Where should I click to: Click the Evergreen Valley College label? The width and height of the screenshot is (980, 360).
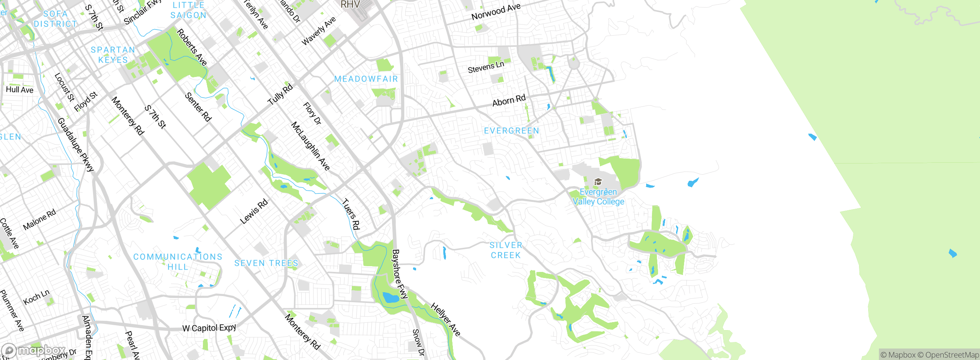598,197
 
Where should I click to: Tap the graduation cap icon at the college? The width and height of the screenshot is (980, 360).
598,182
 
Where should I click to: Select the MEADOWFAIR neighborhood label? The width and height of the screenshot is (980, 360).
366,79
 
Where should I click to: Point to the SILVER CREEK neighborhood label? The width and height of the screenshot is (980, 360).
506,250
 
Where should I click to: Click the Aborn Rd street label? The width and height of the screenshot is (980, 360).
509,101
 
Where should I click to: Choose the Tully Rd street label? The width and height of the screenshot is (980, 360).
280,94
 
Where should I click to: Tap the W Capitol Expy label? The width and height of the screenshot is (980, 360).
209,328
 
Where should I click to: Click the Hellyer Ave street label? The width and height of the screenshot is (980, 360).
445,319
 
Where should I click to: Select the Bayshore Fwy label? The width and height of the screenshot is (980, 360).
399,274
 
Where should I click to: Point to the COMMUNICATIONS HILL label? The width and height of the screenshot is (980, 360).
178,262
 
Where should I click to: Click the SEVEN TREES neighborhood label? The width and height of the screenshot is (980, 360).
266,263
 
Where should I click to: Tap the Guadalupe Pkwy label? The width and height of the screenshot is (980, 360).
75,144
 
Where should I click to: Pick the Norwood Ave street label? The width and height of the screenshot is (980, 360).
496,11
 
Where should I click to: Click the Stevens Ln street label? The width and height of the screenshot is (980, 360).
486,67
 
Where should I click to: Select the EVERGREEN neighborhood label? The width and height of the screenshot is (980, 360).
511,131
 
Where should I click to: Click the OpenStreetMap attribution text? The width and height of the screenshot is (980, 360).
951,355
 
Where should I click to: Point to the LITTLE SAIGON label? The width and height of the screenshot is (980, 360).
188,10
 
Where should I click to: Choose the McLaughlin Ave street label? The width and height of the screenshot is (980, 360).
310,146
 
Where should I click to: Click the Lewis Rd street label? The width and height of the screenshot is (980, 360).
253,212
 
